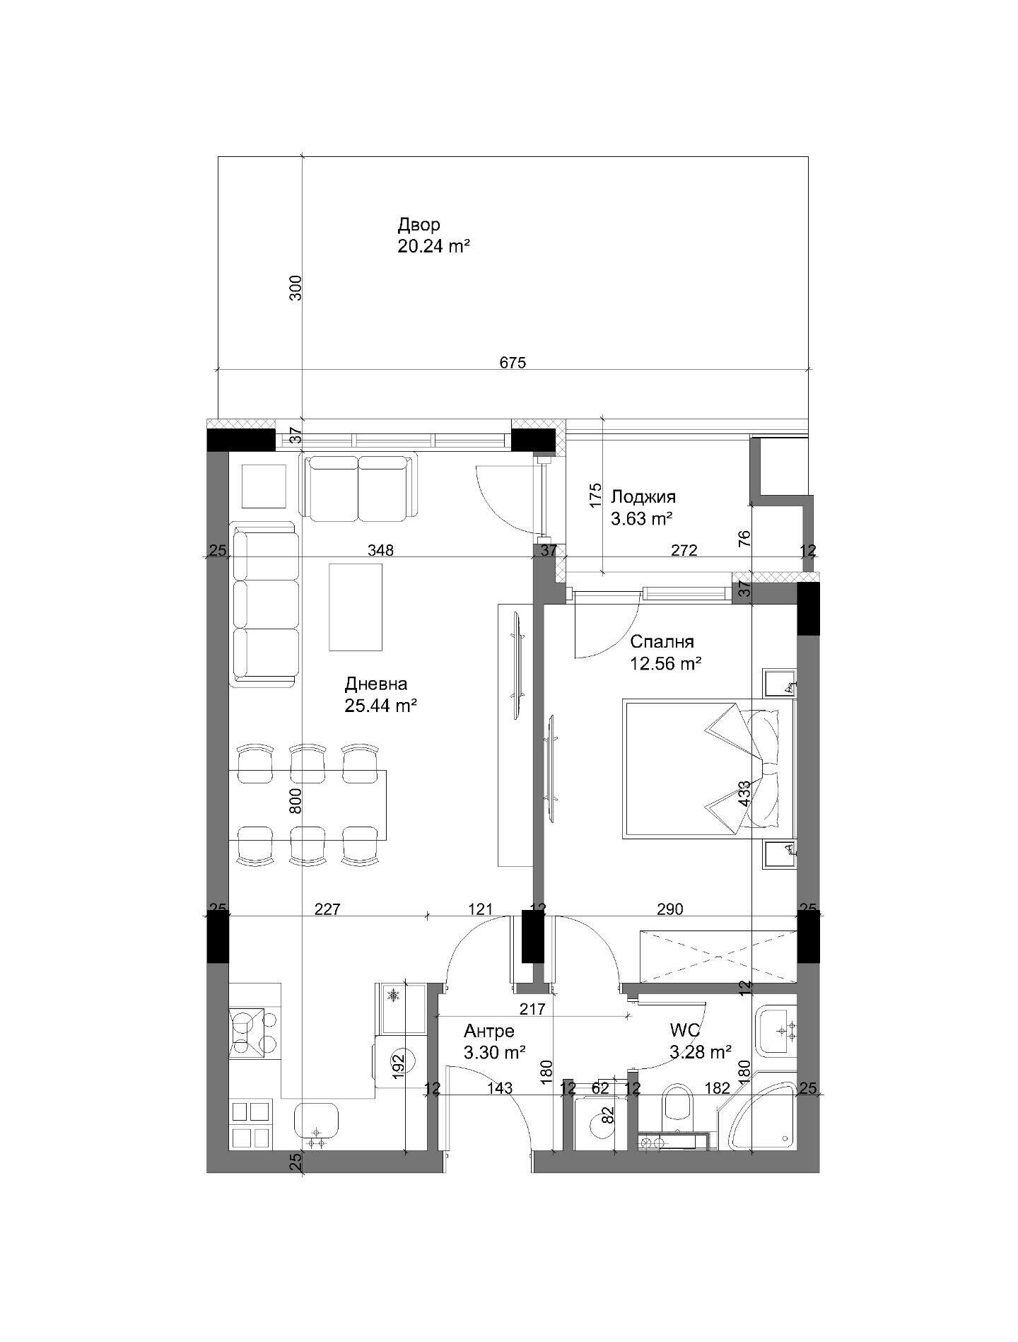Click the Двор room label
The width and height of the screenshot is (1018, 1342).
click(x=419, y=225)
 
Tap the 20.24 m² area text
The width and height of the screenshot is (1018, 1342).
click(x=434, y=247)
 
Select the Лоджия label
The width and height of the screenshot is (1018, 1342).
click(x=643, y=497)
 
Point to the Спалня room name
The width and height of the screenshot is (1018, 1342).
click(x=662, y=642)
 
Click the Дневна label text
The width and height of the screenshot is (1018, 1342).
click(x=376, y=684)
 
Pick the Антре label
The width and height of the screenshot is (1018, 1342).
click(x=489, y=1031)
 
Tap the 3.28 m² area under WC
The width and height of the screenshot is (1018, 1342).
click(x=700, y=1053)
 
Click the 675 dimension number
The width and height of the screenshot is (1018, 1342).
click(x=513, y=363)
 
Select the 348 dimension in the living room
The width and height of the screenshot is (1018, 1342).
click(x=380, y=550)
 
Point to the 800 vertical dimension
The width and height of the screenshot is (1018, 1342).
click(x=296, y=801)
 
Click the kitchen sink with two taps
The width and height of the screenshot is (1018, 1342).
click(x=317, y=1124)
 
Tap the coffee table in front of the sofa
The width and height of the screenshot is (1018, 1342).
click(x=356, y=607)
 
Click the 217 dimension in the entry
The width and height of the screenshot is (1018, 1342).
click(x=532, y=1009)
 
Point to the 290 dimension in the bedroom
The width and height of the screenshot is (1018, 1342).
click(x=669, y=909)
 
